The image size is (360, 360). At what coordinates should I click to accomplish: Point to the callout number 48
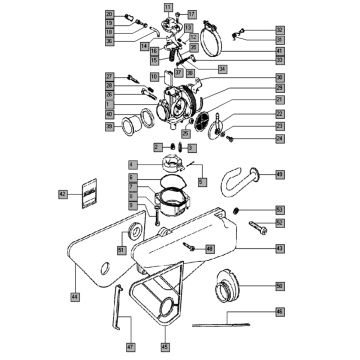(x=210, y=246)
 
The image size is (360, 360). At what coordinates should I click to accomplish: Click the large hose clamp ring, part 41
(x=212, y=44)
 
